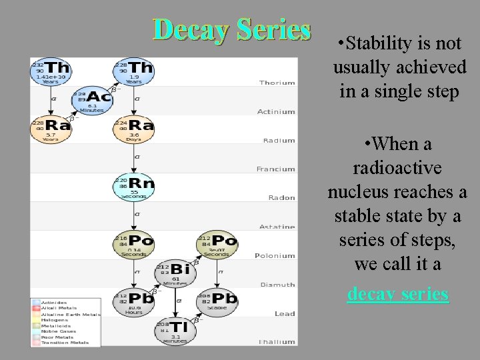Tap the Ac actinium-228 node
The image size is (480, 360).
(93, 101)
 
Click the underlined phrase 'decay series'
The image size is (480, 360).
(398, 294)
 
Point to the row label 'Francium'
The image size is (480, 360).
(276, 169)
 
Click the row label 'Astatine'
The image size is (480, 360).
(276, 227)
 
